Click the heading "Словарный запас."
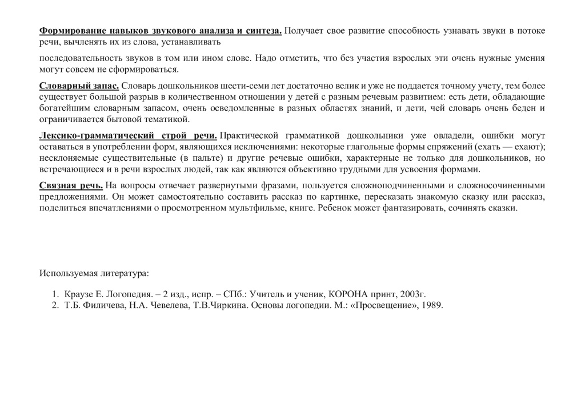tap(79, 86)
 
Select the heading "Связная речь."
tap(71, 185)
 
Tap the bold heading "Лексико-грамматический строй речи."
tap(128, 135)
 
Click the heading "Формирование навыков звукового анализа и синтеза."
tap(161, 31)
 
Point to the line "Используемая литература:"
tap(94, 273)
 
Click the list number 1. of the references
tap(55, 294)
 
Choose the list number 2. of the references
tap(55, 305)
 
